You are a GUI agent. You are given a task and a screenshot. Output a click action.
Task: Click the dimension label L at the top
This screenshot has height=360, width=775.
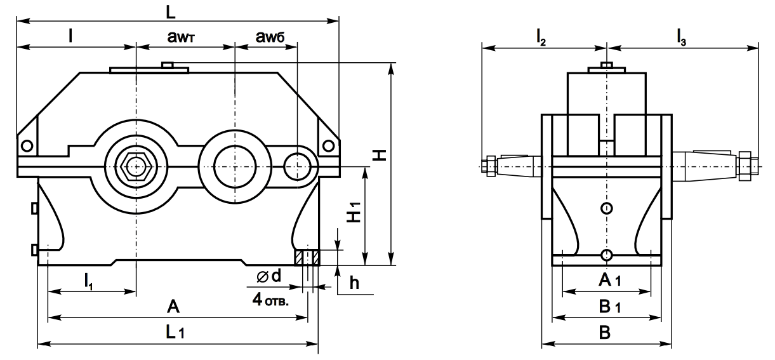[x=172, y=11]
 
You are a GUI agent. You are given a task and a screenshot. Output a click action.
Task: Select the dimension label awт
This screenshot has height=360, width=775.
[x=185, y=38]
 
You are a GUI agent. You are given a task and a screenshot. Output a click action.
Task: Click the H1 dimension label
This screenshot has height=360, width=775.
[x=352, y=216]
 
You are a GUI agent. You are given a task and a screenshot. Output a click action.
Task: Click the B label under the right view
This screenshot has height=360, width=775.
[x=606, y=333]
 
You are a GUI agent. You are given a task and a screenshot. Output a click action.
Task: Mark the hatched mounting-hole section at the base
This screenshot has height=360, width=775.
[x=306, y=258]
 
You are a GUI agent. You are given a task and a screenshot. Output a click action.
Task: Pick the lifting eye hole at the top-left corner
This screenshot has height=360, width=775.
[x=27, y=145]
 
